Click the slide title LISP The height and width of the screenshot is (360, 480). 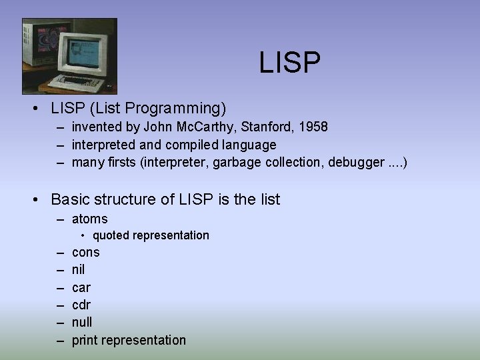coord(290,63)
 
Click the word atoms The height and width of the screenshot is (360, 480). coord(89,219)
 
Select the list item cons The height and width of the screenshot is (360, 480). coord(85,252)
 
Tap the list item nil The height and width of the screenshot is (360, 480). coord(78,270)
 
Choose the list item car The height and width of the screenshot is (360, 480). coord(81,287)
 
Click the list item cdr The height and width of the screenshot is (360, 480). coord(81,305)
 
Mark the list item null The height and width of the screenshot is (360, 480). coord(82,322)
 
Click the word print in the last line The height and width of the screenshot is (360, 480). coord(85,340)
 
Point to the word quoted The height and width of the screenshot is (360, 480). coord(113,235)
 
